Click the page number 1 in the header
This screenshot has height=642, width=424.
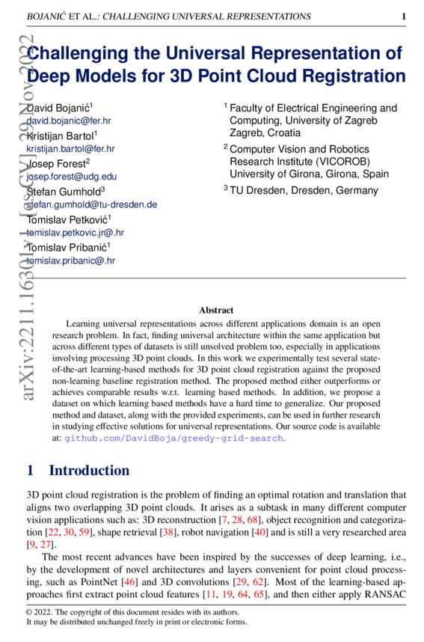pyautogui.click(x=404, y=16)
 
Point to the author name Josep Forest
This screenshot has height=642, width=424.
pyautogui.click(x=58, y=162)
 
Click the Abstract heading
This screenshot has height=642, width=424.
pyautogui.click(x=216, y=310)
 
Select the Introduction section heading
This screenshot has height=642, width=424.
pyautogui.click(x=89, y=471)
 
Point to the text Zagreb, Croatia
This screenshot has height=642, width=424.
pyautogui.click(x=265, y=132)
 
